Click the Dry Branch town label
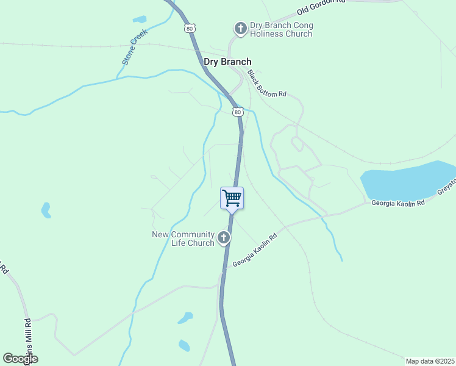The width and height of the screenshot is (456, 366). tap(227, 62)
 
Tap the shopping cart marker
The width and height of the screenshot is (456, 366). tap(232, 198)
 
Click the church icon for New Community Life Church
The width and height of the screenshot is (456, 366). tap(224, 237)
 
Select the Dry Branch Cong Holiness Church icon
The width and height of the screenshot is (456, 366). tap(240, 28)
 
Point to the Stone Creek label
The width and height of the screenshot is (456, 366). tap(135, 47)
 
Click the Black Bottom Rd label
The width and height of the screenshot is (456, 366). tap(266, 84)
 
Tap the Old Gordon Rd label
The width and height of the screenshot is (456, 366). tap(321, 7)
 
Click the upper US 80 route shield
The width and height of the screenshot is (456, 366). tap(191, 28)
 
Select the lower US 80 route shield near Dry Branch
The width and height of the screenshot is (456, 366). tap(238, 112)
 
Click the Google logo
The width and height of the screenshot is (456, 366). tap(20, 359)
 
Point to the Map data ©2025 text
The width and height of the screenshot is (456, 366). tap(430, 361)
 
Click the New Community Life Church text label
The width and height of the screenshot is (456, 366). tap(183, 239)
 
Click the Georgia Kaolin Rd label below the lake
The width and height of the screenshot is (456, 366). tap(397, 203)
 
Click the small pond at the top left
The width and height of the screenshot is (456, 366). tap(140, 19)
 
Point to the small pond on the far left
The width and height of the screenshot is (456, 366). tap(46, 210)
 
